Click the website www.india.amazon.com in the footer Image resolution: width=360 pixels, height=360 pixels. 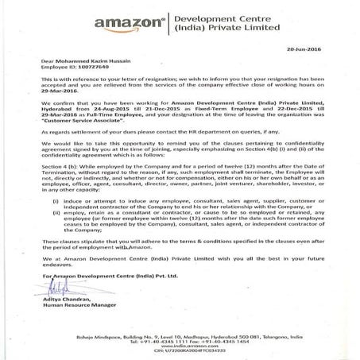coord(180,342)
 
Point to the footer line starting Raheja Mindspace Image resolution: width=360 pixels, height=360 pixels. coord(180,331)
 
